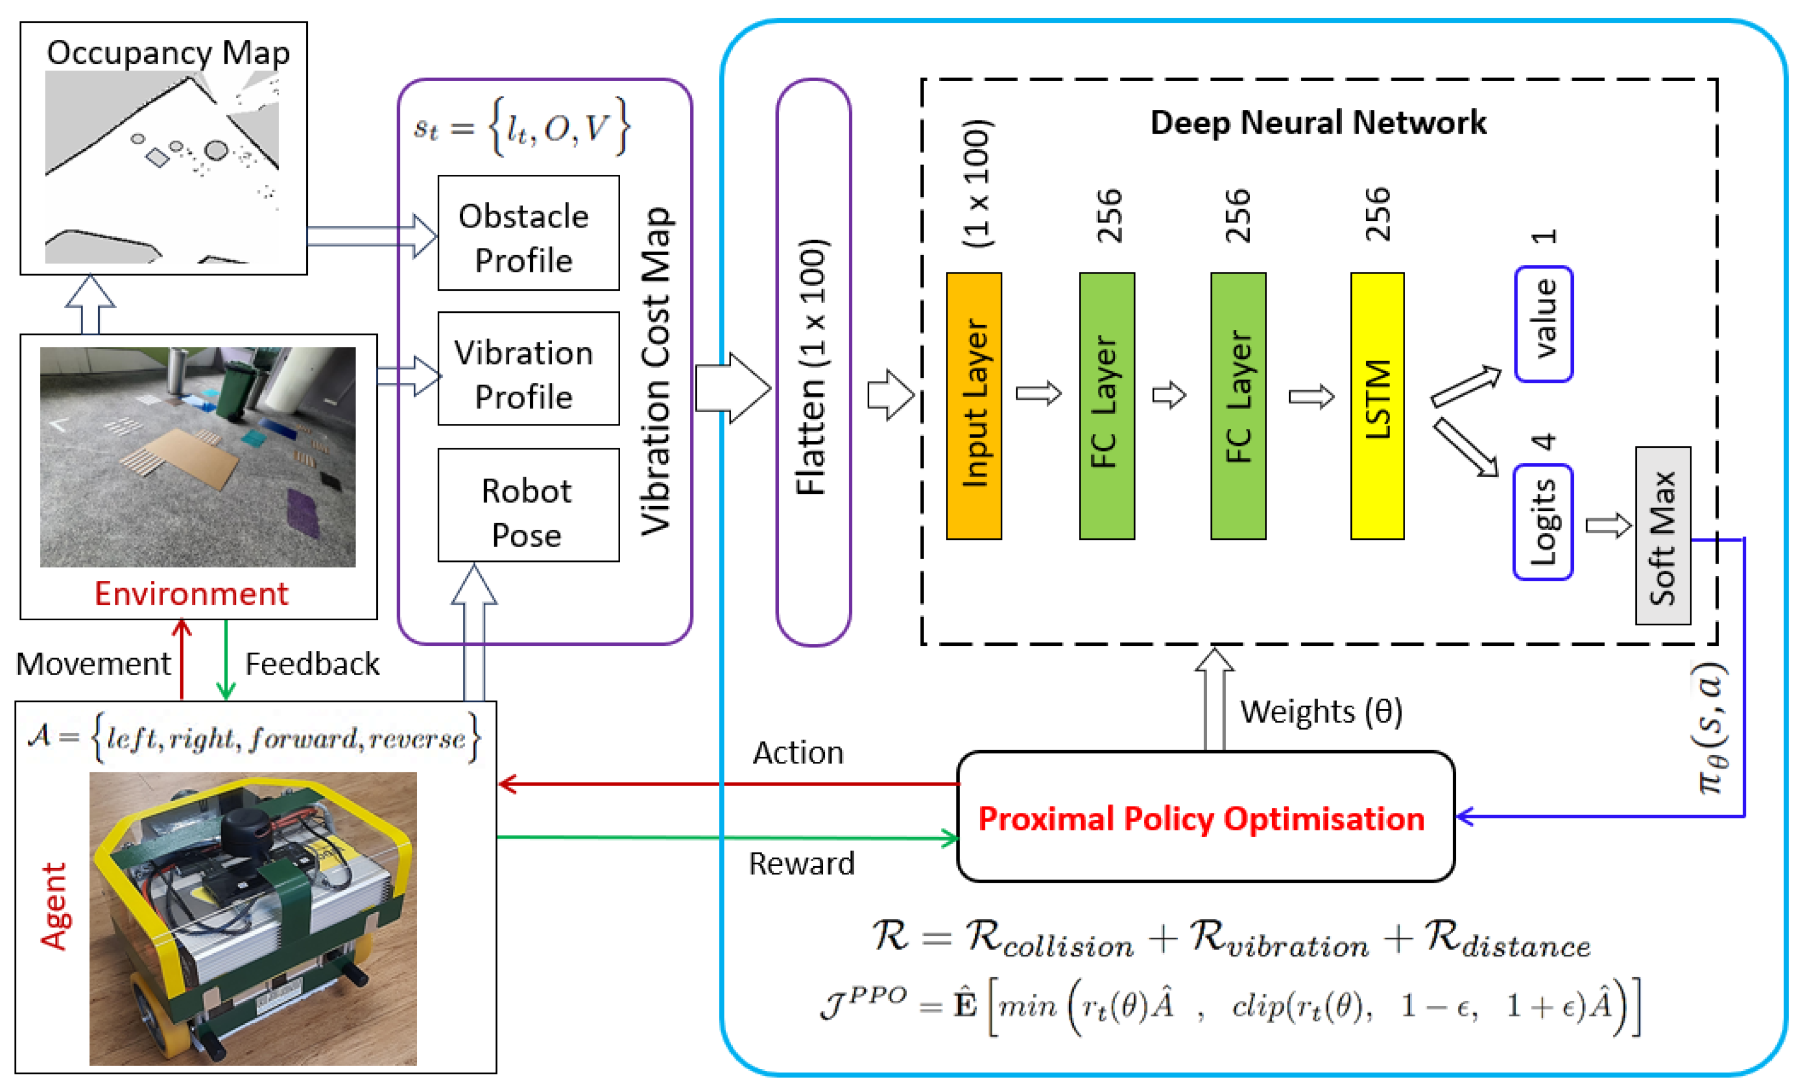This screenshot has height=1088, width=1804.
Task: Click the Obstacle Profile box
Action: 528,233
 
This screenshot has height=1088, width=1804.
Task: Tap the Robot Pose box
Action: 528,505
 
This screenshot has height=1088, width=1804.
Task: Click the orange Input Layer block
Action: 973,406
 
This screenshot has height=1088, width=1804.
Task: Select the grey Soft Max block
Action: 1662,535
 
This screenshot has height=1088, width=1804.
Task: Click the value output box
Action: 1543,323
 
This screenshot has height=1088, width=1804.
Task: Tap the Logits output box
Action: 1543,522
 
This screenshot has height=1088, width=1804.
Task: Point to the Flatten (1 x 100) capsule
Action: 813,362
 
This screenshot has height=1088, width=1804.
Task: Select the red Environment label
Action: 191,593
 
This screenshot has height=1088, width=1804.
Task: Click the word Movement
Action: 93,664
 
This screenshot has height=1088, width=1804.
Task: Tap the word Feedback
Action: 312,664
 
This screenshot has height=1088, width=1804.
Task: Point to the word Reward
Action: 801,864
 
